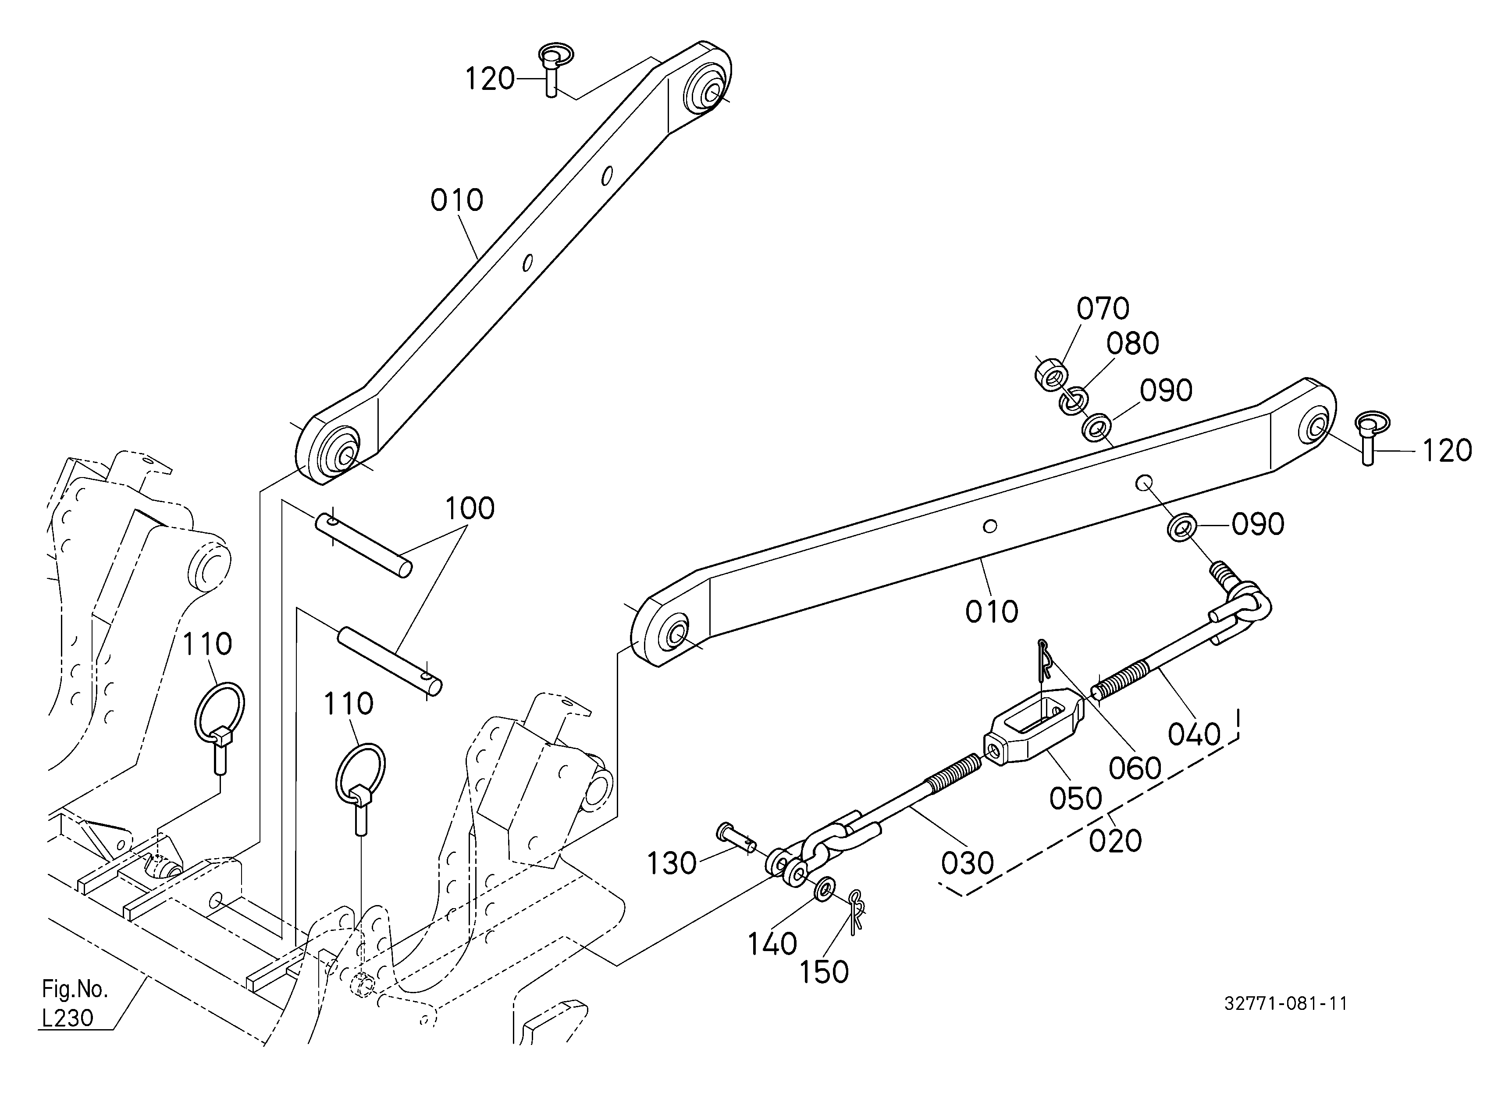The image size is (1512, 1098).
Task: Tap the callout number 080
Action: [1133, 343]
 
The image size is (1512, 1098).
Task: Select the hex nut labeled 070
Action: [1050, 375]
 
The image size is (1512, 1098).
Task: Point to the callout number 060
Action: [1135, 769]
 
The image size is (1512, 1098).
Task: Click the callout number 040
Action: [1194, 734]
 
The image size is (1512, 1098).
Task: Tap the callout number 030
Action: [968, 863]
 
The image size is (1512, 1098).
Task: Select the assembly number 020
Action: [1115, 841]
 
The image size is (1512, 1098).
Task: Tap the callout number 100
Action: [470, 509]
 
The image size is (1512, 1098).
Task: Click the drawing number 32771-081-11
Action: [1285, 1004]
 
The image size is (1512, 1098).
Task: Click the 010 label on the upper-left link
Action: [457, 200]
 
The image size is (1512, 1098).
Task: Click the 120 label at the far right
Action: [1447, 451]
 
